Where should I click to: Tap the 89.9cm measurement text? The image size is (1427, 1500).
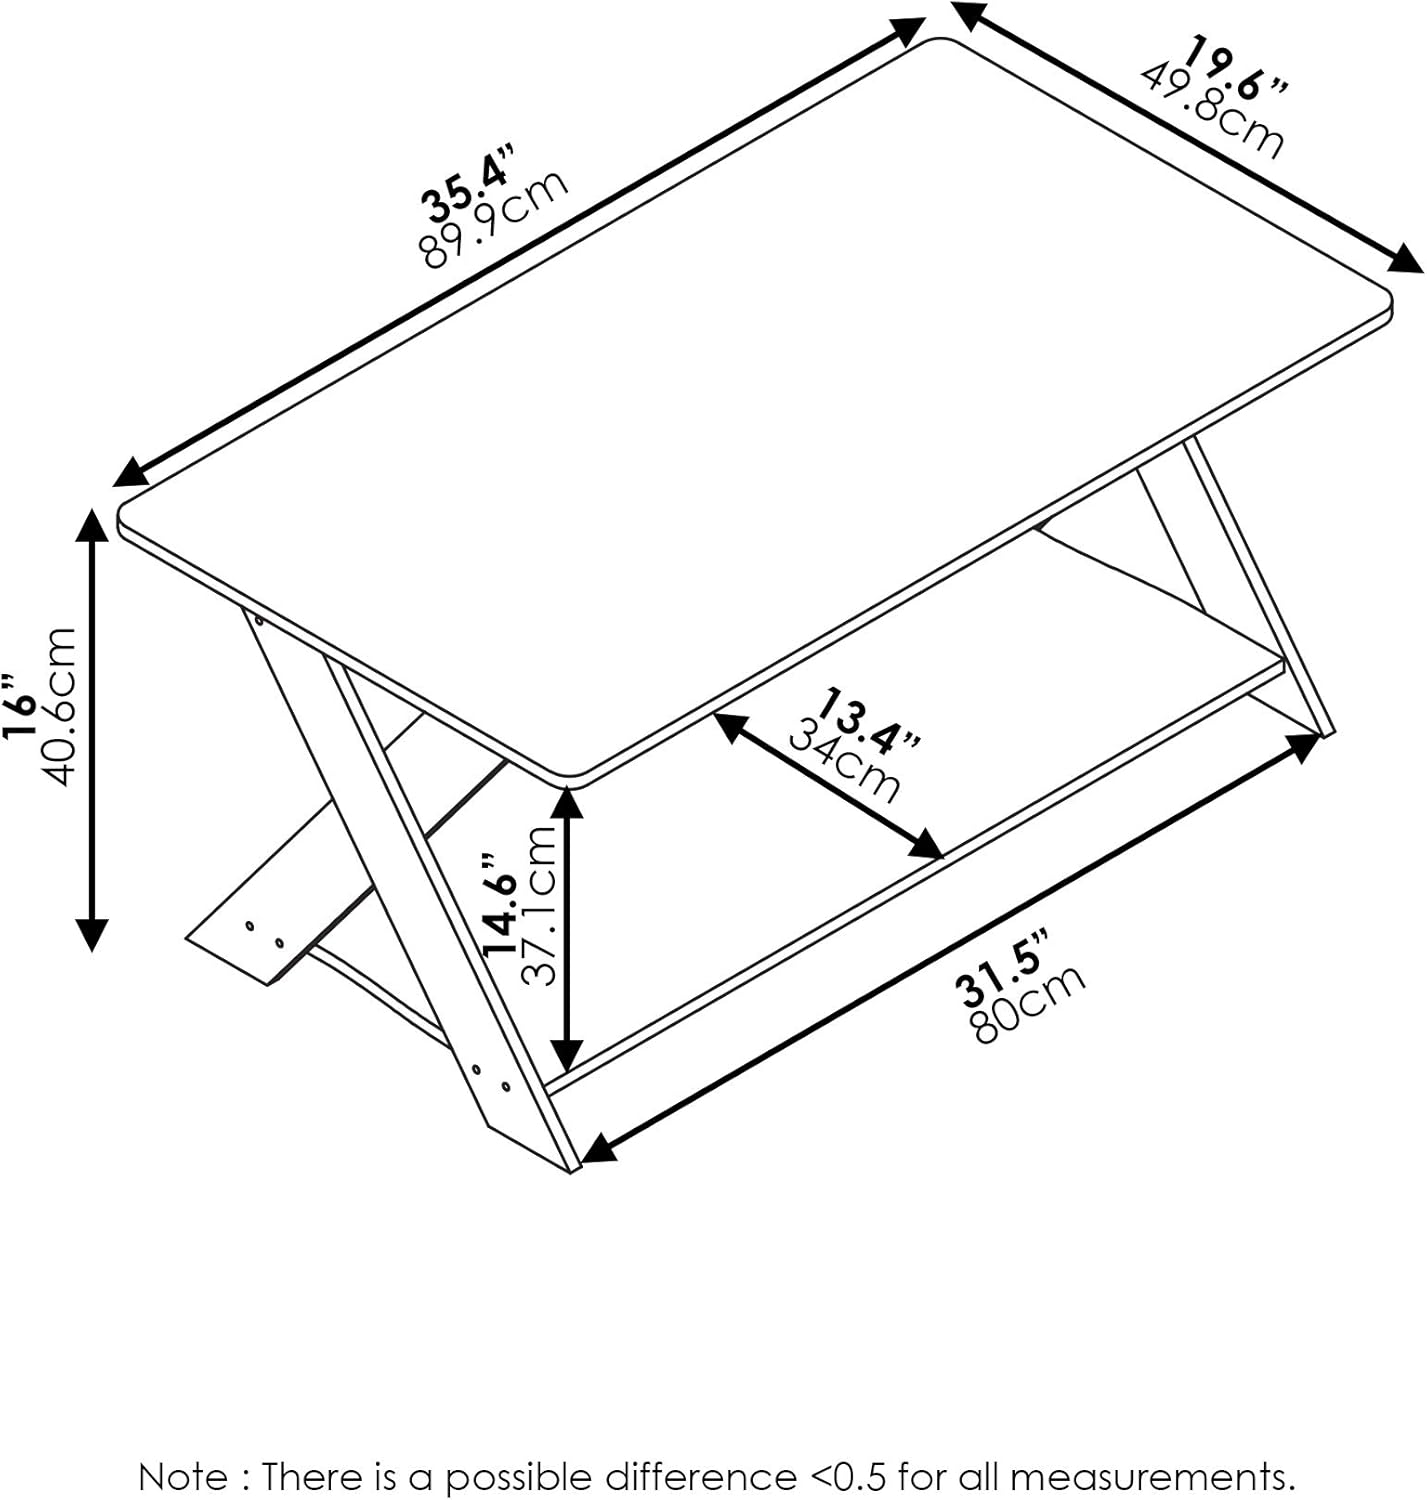[x=496, y=220]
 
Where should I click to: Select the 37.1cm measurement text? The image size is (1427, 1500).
[x=539, y=905]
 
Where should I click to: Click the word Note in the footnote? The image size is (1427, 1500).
[x=182, y=1476]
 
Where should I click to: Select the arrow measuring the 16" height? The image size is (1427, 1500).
[x=92, y=730]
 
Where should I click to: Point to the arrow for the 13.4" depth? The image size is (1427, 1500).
[x=829, y=786]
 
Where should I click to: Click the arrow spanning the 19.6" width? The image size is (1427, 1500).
[x=1186, y=137]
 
